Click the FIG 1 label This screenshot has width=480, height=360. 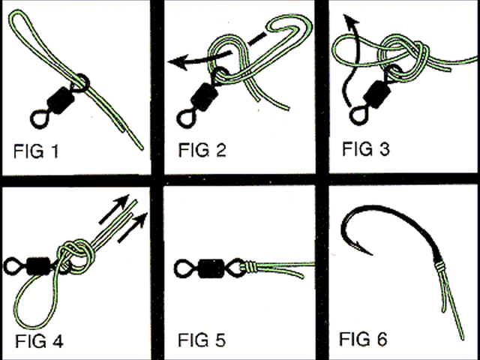click(x=36, y=151)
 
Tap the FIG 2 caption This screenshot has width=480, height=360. click(x=202, y=150)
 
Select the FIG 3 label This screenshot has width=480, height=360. click(x=366, y=148)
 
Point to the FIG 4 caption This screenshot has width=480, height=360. click(x=40, y=340)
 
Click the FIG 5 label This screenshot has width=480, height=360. click(x=202, y=340)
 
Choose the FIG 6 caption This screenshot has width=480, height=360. click(x=363, y=339)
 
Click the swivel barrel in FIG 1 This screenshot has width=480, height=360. click(x=61, y=100)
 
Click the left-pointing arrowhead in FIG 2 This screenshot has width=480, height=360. click(x=178, y=62)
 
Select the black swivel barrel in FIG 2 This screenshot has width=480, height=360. click(x=205, y=97)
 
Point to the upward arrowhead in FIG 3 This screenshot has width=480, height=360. click(x=350, y=20)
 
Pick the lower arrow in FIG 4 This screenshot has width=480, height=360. click(x=132, y=228)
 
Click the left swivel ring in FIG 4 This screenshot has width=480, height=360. click(x=13, y=265)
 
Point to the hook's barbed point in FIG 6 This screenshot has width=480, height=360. click(x=366, y=250)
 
